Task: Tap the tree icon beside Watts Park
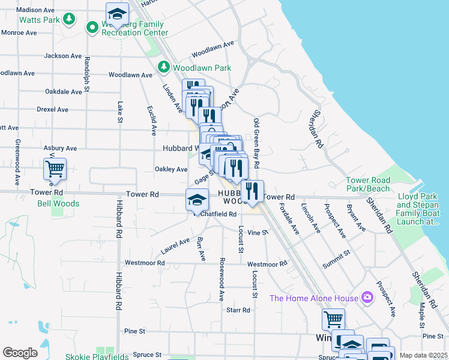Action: point(70,19)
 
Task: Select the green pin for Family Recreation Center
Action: point(92,27)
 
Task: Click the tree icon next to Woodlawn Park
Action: point(163,68)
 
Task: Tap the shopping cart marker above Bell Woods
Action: point(55,169)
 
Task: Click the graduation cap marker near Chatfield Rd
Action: point(197,200)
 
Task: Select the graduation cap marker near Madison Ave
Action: point(117,13)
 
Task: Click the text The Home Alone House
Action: point(312,298)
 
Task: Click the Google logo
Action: point(20,353)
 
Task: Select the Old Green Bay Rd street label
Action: point(256,143)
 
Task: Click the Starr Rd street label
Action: point(238,310)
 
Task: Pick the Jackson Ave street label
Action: point(63,56)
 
